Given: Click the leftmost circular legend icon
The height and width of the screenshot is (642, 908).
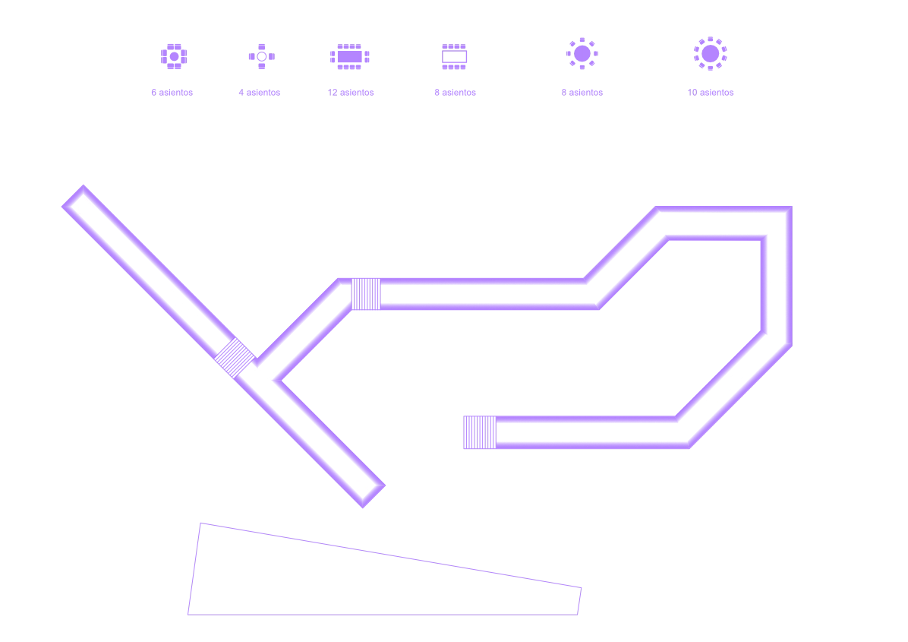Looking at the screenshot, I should [173, 57].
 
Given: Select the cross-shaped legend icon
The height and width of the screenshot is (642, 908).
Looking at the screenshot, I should [260, 55].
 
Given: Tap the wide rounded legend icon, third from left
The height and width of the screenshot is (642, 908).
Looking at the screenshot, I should [349, 57].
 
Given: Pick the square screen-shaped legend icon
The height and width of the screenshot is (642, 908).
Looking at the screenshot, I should [452, 57].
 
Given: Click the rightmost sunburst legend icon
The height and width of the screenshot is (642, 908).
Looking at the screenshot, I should [710, 53].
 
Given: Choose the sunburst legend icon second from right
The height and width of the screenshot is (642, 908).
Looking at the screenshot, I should [582, 53].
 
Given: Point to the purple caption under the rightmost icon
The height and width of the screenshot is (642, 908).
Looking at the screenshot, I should [710, 92].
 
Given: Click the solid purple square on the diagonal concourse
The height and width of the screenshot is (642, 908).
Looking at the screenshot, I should [234, 357].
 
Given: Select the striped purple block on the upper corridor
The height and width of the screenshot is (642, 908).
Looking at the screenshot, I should [366, 293].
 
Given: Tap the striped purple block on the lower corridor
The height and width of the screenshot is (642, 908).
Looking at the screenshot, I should [479, 432].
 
